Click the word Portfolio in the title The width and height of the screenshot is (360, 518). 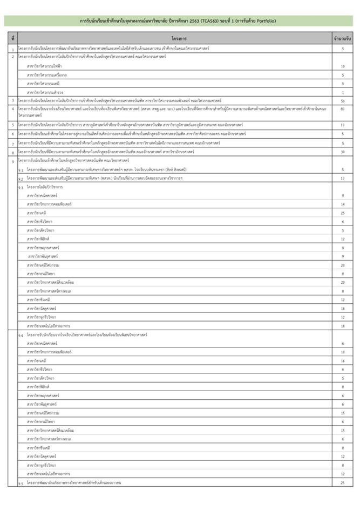coord(264,21)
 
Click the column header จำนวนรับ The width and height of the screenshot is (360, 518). coord(342,39)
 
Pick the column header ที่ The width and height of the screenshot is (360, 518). coord(13,39)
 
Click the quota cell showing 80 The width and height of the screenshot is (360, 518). coord(342,109)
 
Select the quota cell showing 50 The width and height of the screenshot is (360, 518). coord(342,101)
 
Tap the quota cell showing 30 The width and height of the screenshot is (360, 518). coord(342,152)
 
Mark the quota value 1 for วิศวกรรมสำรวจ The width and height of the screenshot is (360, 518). coord(342,92)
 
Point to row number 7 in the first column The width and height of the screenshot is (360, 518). coord(13,144)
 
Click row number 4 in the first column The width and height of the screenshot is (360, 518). coord(13,109)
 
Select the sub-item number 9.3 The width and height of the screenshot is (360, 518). coord(21,187)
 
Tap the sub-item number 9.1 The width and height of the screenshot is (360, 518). coord(21,170)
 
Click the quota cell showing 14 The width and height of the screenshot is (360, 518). coord(342,204)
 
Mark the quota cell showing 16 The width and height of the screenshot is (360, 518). coord(342,360)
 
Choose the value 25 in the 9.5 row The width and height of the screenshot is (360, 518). coord(342,482)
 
